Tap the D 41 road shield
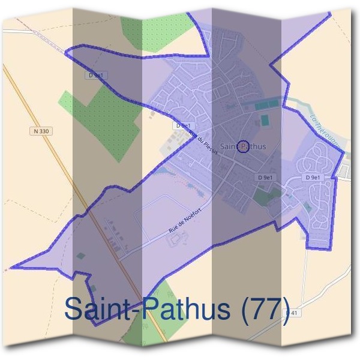pyautogui.click(x=292, y=313)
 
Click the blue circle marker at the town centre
pyautogui.click(x=243, y=146)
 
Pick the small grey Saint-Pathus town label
pyautogui.click(x=242, y=146)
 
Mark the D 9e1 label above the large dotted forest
pyautogui.click(x=97, y=76)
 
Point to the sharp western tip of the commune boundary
pyautogui.click(x=12, y=266)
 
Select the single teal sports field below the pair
pyautogui.click(x=265, y=121)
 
